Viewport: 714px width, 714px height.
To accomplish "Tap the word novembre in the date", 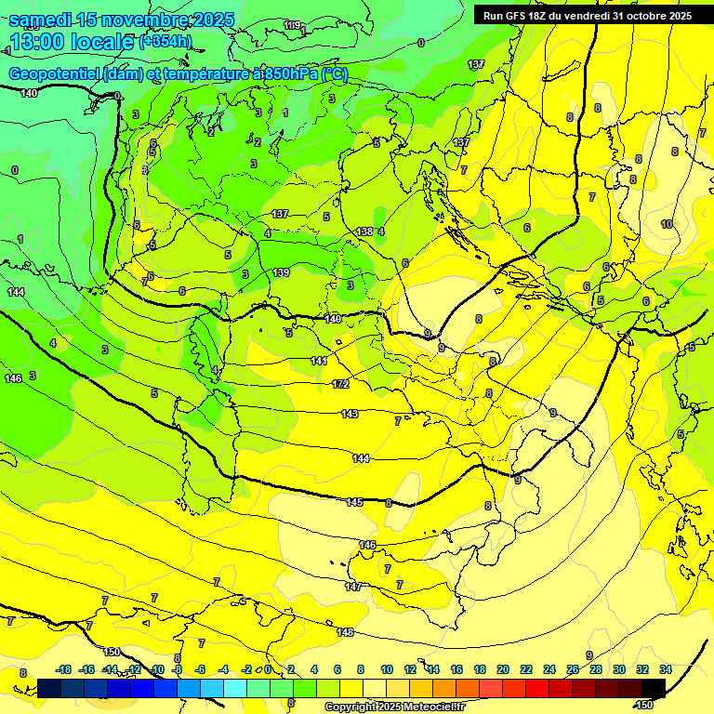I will [147, 20].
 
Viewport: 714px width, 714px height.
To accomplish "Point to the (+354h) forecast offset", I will [165, 42].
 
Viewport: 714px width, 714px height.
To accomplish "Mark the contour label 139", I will [281, 272].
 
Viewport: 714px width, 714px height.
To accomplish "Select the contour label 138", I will [364, 231].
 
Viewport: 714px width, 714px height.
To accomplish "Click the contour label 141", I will [319, 361].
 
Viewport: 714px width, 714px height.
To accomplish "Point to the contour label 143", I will [350, 414].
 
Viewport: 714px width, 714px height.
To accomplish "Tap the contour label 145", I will [354, 502].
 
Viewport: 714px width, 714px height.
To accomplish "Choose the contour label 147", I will [353, 587].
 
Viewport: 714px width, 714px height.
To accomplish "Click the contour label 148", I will [346, 632].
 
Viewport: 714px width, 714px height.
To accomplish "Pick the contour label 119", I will [292, 25].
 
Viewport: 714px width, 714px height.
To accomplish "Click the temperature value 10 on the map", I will [667, 225].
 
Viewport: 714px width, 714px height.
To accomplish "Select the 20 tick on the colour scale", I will [502, 669].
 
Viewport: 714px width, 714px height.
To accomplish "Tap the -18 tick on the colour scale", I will [63, 669].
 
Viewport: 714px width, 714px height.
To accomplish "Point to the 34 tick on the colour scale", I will [665, 669].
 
